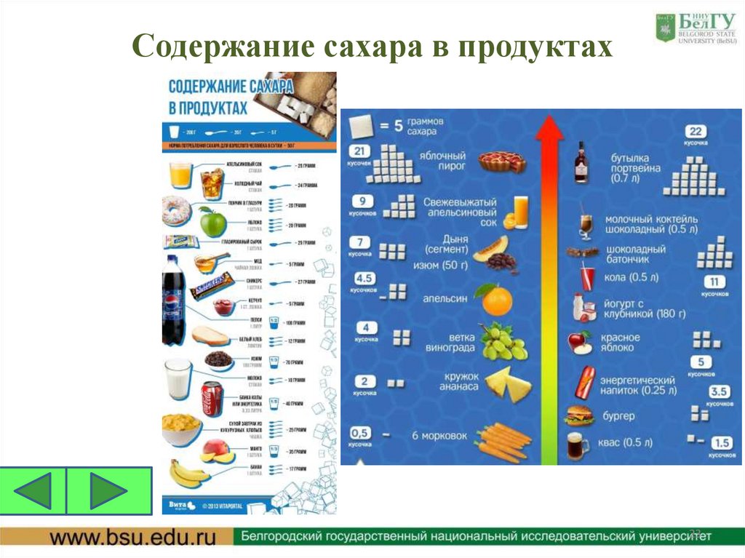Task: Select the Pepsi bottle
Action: (172, 299)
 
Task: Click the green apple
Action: (213, 220)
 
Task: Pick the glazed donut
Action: (176, 210)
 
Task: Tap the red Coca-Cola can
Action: (212, 398)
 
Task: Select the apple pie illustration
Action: (502, 161)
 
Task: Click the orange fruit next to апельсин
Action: (495, 298)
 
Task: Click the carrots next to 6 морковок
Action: (502, 439)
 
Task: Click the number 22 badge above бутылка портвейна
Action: (696, 131)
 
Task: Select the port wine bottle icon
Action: (581, 162)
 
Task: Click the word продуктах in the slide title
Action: (535, 46)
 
